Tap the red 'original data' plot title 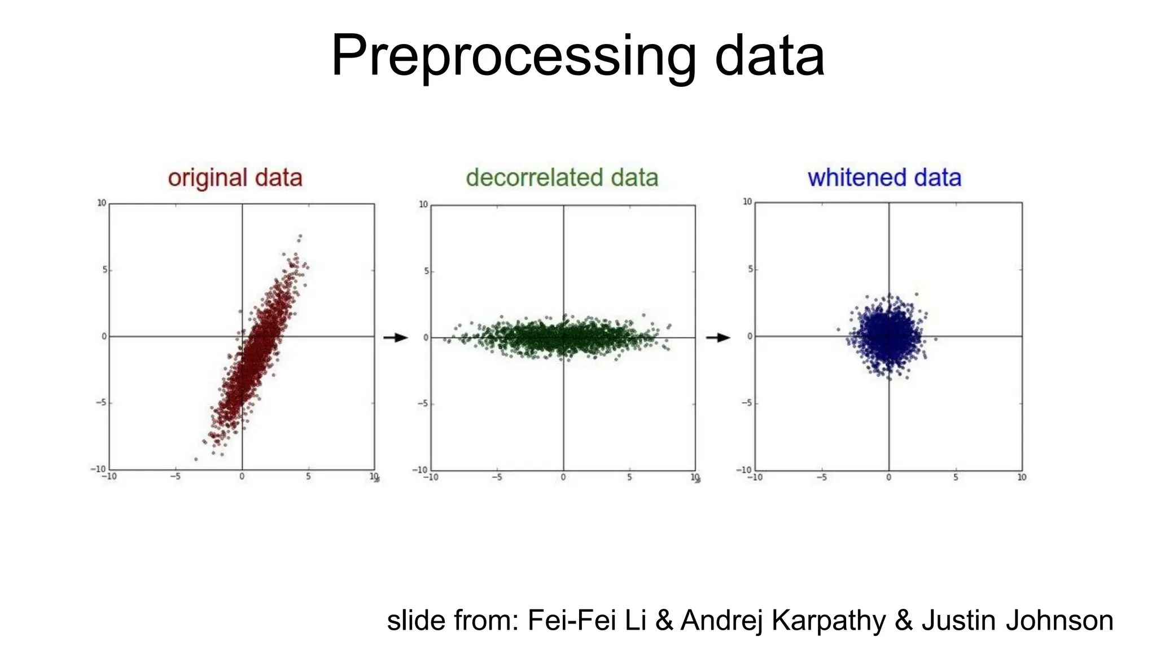235,178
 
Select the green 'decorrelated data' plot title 562,178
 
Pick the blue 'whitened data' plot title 884,178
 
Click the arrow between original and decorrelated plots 396,337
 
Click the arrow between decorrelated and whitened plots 718,337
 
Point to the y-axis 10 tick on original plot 102,203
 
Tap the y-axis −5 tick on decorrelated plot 423,404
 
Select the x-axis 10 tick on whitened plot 1022,477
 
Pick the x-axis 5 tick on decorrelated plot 629,477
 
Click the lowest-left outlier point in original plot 196,459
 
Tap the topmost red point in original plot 300,236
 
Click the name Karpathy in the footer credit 828,621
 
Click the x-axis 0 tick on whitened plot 888,477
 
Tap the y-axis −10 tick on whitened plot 745,470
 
